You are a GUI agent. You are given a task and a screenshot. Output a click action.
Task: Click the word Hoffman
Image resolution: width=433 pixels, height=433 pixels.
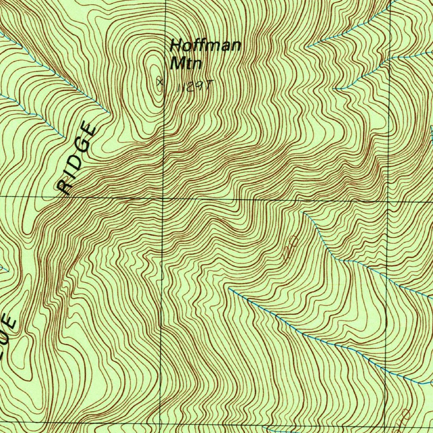coord(205,45)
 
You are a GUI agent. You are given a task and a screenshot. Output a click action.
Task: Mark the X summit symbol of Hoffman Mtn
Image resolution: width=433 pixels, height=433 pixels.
coord(159,82)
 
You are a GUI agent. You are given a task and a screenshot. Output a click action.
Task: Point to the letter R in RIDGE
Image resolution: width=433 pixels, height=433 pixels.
coord(65,186)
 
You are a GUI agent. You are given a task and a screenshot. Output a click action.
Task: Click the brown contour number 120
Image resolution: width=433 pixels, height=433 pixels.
coord(291,250)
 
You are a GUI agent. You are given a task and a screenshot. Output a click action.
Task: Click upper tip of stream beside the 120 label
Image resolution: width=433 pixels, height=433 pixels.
coord(304,213)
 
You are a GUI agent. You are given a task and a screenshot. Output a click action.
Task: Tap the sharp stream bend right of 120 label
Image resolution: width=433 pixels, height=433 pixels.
coord(334,258)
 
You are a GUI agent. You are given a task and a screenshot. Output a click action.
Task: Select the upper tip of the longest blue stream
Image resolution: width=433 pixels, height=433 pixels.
coord(229,289)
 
